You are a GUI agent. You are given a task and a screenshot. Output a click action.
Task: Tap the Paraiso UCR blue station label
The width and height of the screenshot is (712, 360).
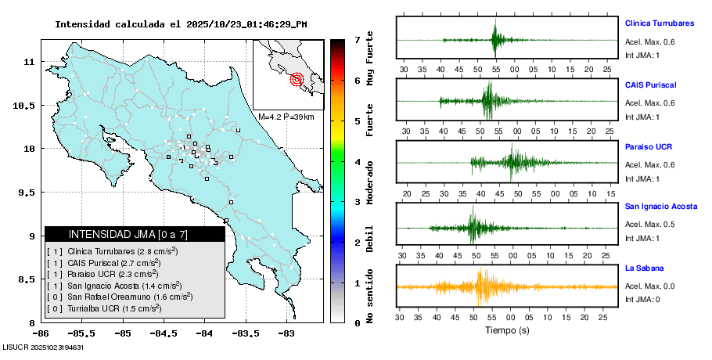[x=649, y=147]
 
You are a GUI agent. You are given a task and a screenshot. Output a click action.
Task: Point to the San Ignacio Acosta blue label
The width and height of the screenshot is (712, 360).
[x=662, y=206]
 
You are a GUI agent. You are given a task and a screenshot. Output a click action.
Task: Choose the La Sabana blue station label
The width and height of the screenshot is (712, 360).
[x=643, y=268]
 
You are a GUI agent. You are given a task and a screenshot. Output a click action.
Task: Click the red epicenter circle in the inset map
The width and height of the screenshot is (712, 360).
[x=297, y=79]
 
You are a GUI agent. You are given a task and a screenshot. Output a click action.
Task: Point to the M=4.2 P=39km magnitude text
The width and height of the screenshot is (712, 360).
[x=286, y=117]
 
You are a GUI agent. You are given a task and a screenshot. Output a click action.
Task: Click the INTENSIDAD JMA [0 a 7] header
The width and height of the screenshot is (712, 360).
[x=135, y=234]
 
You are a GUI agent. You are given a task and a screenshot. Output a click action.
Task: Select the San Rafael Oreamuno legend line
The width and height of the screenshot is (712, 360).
[x=120, y=297]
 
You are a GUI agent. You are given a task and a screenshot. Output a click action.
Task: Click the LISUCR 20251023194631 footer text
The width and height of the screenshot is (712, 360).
[x=43, y=347]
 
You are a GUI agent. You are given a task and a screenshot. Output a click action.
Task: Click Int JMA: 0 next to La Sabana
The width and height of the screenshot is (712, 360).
[x=642, y=300]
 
